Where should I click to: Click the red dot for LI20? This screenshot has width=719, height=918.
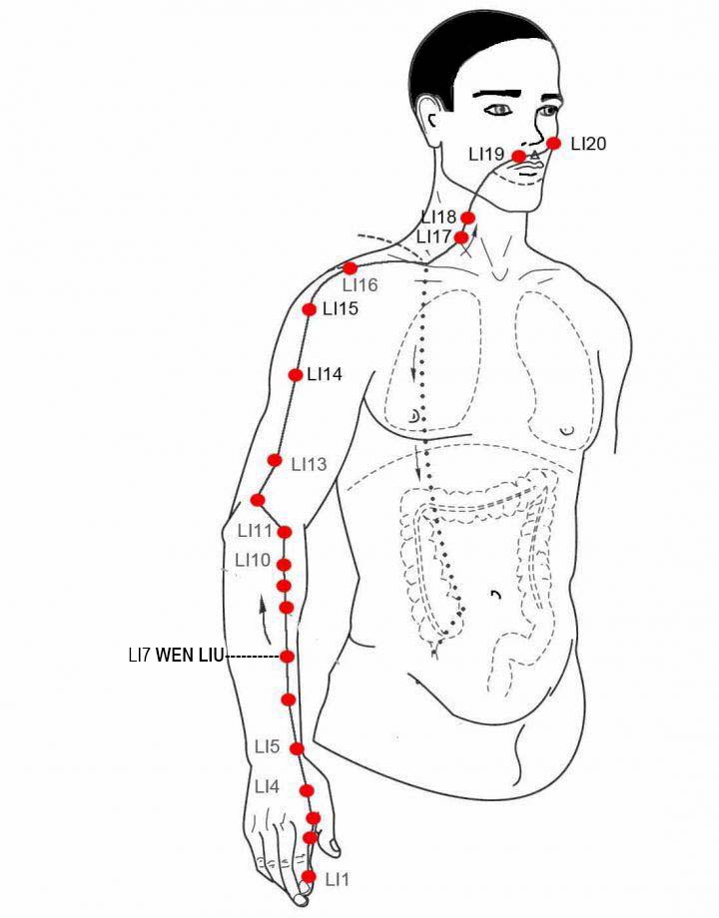(554, 144)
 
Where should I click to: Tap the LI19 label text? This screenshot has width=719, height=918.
(486, 155)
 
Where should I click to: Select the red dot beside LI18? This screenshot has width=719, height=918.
(467, 218)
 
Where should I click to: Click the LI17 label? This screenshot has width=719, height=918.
(433, 237)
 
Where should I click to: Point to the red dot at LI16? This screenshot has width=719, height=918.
(350, 268)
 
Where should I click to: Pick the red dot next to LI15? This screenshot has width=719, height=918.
(309, 309)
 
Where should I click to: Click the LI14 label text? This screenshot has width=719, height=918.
(325, 375)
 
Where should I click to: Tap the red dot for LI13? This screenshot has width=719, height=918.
(275, 460)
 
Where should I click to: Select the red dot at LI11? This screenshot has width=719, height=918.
(285, 532)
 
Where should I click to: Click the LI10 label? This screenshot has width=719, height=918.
(253, 561)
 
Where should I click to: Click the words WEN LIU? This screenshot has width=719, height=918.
(190, 656)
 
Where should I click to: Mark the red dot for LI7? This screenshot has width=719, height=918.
(287, 657)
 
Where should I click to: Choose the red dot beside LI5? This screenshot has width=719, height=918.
(298, 748)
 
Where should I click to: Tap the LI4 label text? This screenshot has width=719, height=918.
(268, 787)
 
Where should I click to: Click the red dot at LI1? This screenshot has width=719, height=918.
(309, 876)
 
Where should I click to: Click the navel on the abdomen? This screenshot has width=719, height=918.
(496, 595)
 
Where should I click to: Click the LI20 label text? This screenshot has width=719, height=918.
(588, 144)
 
